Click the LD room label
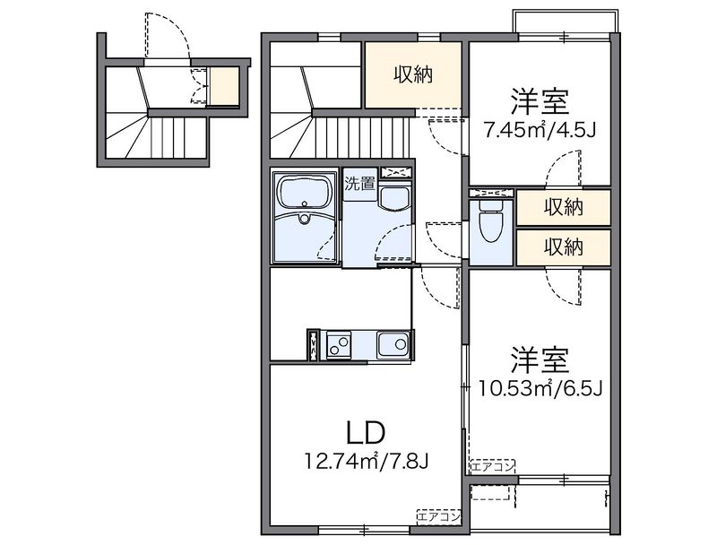tap(365, 433)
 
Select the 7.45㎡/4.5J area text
tap(540, 129)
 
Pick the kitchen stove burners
tap(339, 343)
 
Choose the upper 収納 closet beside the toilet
tap(564, 208)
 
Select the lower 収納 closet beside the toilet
tap(564, 246)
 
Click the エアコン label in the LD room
tap(439, 516)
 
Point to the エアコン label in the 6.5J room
tap(493, 466)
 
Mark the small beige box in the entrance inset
tap(224, 86)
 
